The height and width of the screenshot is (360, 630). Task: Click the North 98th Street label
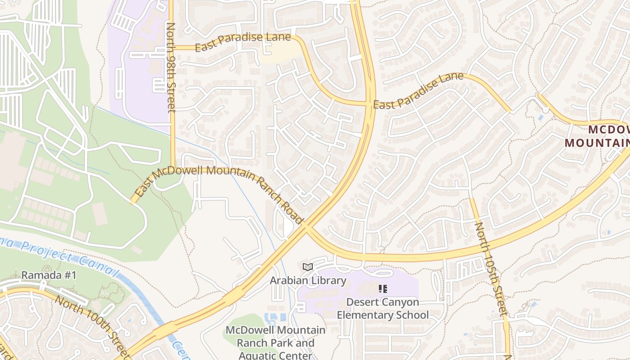pos(171,67)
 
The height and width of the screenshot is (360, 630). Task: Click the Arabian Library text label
pos(308,281)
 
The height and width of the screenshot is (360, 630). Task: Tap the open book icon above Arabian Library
pos(308,267)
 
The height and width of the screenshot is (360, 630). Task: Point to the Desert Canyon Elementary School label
pos(383,308)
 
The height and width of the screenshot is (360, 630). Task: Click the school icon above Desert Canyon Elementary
pos(383,289)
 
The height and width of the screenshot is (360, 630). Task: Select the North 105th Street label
pos(491,269)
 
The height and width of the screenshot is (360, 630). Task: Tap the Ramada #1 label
pos(49,275)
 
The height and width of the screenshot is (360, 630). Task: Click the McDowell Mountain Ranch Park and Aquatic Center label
pos(275,342)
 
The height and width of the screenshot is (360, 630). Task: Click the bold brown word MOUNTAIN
pos(597,143)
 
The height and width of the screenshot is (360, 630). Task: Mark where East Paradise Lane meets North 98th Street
pos(172,47)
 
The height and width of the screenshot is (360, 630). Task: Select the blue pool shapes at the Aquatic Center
pos(275,318)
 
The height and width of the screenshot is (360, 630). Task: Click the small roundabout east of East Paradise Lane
pos(545,109)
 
